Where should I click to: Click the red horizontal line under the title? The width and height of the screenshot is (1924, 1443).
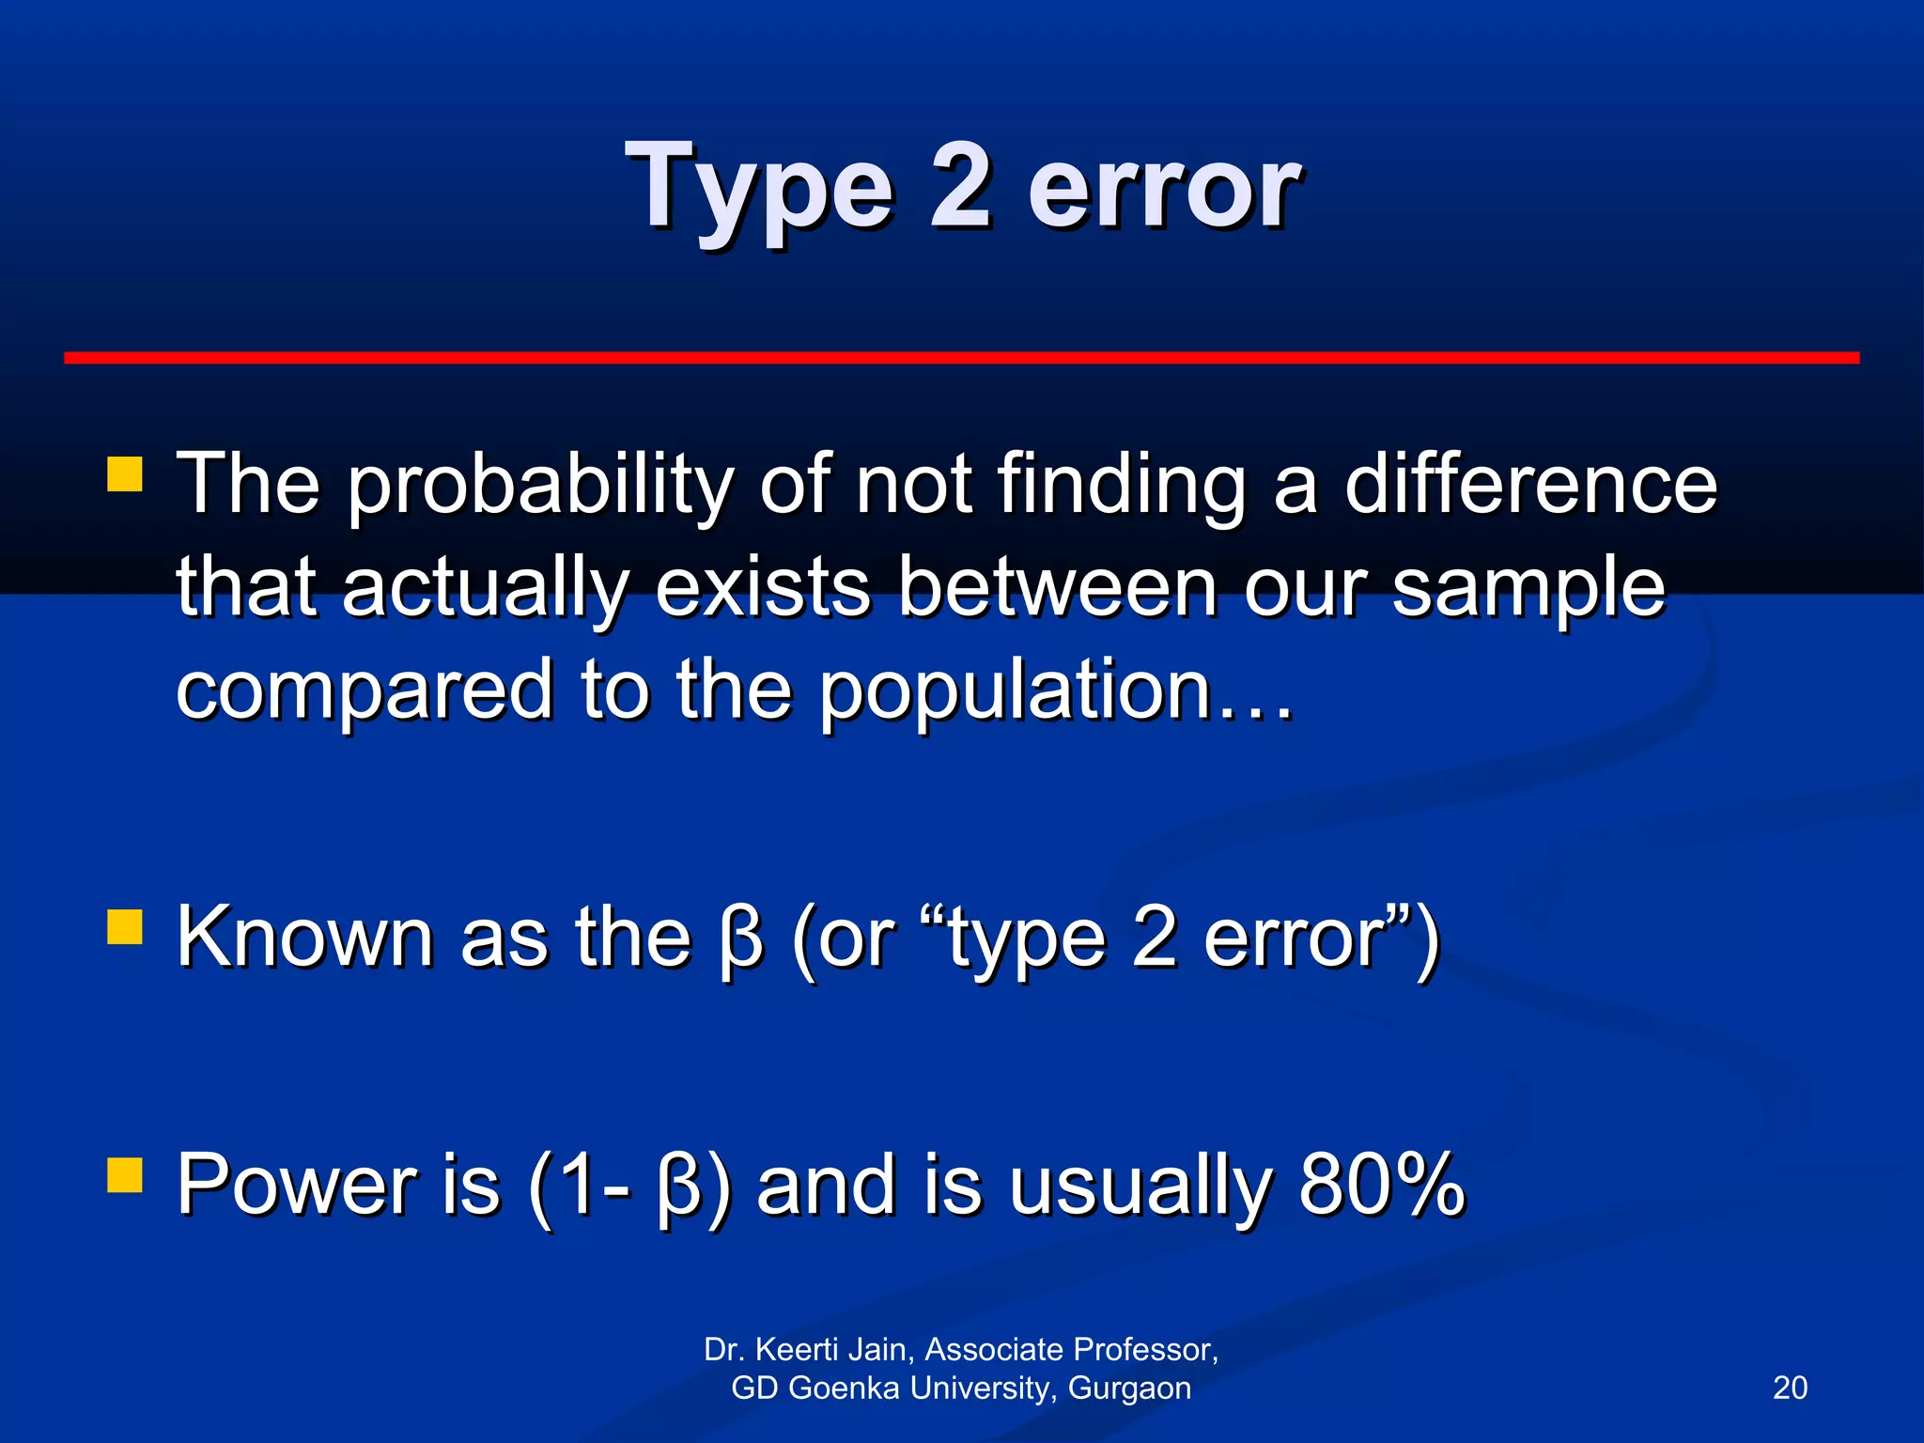click(x=961, y=358)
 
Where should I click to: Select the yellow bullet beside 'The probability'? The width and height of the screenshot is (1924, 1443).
click(x=125, y=474)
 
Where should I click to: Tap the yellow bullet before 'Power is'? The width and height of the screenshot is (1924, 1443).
click(x=125, y=1173)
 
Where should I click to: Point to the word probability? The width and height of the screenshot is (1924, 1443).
click(x=539, y=487)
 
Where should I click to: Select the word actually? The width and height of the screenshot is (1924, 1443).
click(x=485, y=590)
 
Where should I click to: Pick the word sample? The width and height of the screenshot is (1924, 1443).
click(x=1528, y=590)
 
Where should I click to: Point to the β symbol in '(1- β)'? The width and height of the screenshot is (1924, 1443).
click(x=679, y=1187)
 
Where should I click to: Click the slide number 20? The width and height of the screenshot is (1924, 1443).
click(x=1790, y=1388)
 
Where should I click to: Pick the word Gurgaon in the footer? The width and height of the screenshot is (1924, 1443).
click(x=1129, y=1389)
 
